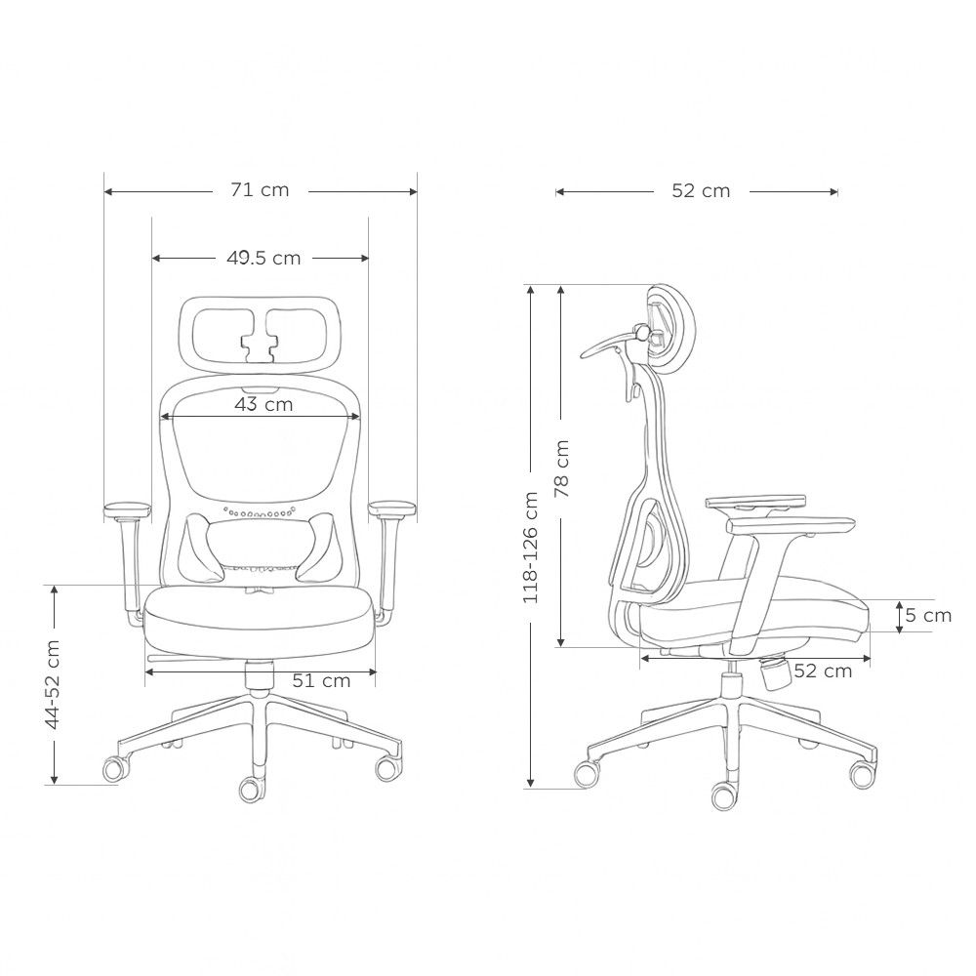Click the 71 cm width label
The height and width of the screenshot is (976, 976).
point(260,190)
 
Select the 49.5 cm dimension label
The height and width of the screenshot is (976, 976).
point(264,258)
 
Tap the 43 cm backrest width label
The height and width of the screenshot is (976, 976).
point(264,405)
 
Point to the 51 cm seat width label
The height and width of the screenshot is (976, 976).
point(321,681)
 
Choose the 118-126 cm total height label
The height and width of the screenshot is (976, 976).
point(530,548)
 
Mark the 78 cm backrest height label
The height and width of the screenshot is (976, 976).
point(561,468)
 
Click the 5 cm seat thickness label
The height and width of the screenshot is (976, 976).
point(928,616)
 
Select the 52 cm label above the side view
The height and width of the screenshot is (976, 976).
point(701,190)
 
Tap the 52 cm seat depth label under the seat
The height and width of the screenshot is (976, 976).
point(823,671)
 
